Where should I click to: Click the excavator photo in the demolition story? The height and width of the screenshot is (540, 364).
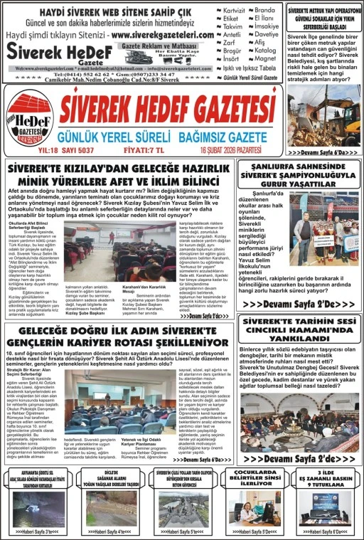323,115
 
